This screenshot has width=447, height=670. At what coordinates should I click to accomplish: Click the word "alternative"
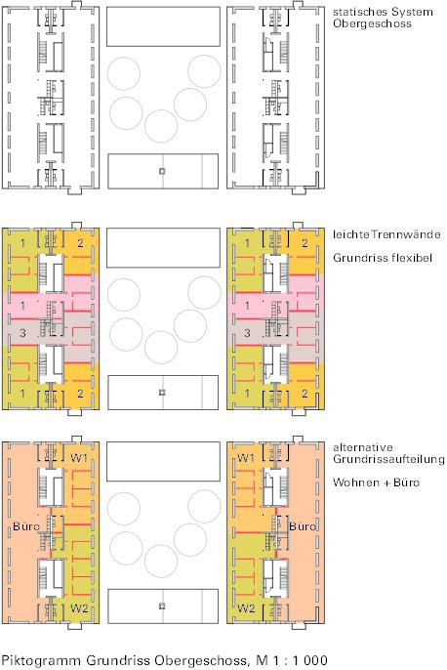pos(363,447)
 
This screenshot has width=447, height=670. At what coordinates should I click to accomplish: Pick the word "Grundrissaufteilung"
pos(389,459)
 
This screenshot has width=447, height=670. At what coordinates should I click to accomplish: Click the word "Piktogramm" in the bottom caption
pos(41,660)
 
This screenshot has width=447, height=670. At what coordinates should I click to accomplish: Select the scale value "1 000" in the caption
pos(310,660)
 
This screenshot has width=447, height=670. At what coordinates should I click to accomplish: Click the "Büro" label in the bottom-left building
pos(26,526)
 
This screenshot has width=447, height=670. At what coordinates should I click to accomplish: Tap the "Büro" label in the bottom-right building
pos(302,526)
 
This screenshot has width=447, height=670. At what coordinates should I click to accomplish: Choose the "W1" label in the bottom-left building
pos(79,458)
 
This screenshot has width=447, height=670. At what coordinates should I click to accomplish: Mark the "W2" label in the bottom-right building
pos(246,607)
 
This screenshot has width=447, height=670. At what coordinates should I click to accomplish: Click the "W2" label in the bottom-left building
pos(79,607)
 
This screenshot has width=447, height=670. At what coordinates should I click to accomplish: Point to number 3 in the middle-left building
pos(22,332)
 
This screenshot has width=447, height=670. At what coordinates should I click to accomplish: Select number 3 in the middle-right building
pos(247,332)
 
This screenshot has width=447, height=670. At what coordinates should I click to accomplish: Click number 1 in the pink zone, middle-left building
pos(22,306)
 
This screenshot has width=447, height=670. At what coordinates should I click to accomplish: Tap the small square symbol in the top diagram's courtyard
pos(162,171)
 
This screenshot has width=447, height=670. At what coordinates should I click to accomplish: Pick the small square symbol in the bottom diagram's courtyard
pos(162,607)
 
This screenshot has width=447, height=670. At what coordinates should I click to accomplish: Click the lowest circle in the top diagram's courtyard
pos(161,109)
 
